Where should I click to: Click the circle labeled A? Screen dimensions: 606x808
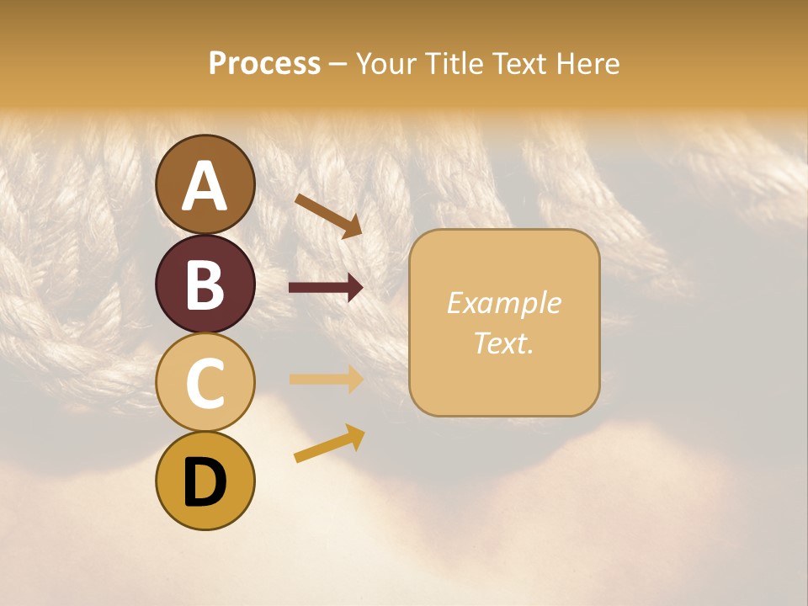pyautogui.click(x=205, y=184)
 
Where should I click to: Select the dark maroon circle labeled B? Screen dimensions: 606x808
pyautogui.click(x=205, y=284)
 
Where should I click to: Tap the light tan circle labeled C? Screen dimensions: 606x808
pyautogui.click(x=205, y=382)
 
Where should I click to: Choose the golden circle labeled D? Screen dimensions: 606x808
pyautogui.click(x=205, y=481)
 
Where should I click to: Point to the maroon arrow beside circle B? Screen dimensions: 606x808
pyautogui.click(x=326, y=288)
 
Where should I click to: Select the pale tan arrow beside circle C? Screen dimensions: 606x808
pyautogui.click(x=326, y=379)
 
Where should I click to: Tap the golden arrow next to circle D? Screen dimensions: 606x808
pyautogui.click(x=329, y=444)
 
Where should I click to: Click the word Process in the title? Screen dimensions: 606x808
pyautogui.click(x=264, y=63)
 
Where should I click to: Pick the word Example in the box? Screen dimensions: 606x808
pyautogui.click(x=503, y=303)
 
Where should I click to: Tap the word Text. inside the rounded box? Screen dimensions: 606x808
pyautogui.click(x=503, y=343)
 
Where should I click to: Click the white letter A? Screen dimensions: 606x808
pyautogui.click(x=205, y=186)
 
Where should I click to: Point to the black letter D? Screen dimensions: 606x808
pyautogui.click(x=205, y=482)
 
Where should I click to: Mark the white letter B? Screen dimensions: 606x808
pyautogui.click(x=205, y=284)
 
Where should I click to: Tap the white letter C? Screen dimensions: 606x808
pyautogui.click(x=205, y=383)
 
